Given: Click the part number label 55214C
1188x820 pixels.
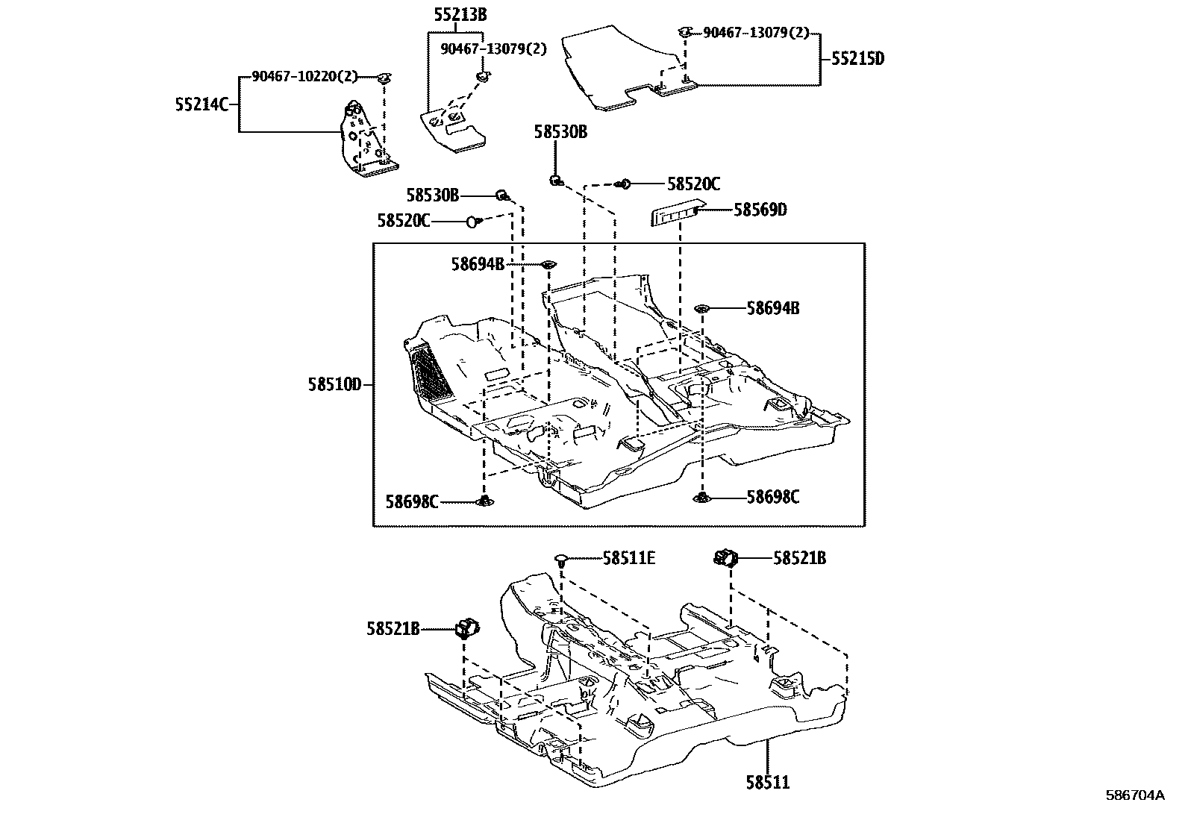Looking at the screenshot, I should pyautogui.click(x=201, y=105).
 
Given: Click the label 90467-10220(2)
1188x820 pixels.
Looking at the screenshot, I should pyautogui.click(x=304, y=76).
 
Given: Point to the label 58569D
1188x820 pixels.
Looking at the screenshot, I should pyautogui.click(x=760, y=210).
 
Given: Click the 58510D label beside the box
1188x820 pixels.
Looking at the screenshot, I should pyautogui.click(x=334, y=385).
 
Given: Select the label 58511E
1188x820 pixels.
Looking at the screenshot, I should pyautogui.click(x=629, y=557).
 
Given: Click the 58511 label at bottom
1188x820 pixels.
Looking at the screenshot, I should pyautogui.click(x=767, y=782).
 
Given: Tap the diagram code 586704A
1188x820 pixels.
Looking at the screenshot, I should pyautogui.click(x=1134, y=795).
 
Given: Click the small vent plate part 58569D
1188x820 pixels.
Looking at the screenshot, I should pyautogui.click(x=675, y=213).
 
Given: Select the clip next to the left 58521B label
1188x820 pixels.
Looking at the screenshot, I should pyautogui.click(x=466, y=630).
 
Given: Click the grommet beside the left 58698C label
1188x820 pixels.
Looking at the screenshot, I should pyautogui.click(x=485, y=501).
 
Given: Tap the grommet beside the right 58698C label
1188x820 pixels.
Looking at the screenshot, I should pyautogui.click(x=702, y=498).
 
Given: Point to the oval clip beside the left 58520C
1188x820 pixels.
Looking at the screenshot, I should pyautogui.click(x=472, y=221).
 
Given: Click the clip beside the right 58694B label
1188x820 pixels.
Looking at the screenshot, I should pyautogui.click(x=701, y=307).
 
